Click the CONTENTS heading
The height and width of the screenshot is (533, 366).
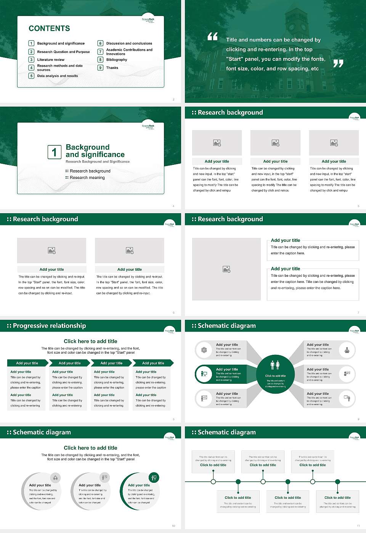pyautogui.click(x=49, y=29)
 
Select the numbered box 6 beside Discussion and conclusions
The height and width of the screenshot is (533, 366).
pyautogui.click(x=101, y=43)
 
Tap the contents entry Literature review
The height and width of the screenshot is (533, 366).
pyautogui.click(x=51, y=60)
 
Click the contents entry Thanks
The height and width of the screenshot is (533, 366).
pyautogui.click(x=112, y=68)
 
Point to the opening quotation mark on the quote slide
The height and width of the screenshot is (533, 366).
pyautogui.click(x=212, y=37)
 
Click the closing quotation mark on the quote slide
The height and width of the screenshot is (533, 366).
pyautogui.click(x=338, y=64)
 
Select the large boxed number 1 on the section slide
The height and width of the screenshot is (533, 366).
pyautogui.click(x=54, y=152)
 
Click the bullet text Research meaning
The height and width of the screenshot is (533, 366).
pyautogui.click(x=87, y=178)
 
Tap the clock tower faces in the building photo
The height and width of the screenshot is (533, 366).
pyautogui.click(x=297, y=27)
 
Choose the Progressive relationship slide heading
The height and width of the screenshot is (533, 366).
pyautogui.click(x=49, y=326)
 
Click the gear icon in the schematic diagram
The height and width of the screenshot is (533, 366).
pyautogui.click(x=204, y=350)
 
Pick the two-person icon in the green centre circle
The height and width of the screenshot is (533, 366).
pyautogui.click(x=275, y=365)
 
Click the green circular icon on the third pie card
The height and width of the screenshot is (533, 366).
pyautogui.click(x=154, y=477)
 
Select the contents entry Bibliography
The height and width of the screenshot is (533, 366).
pyautogui.click(x=117, y=60)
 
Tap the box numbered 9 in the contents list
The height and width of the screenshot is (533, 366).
pyautogui.click(x=101, y=68)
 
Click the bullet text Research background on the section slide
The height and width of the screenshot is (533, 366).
pyautogui.click(x=90, y=171)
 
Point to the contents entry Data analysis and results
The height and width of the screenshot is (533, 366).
pyautogui.click(x=58, y=76)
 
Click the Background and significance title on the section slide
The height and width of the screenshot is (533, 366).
pyautogui.click(x=95, y=151)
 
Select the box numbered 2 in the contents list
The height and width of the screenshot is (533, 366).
pyautogui.click(x=31, y=52)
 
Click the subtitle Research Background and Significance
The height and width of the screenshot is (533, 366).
pyautogui.click(x=98, y=162)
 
